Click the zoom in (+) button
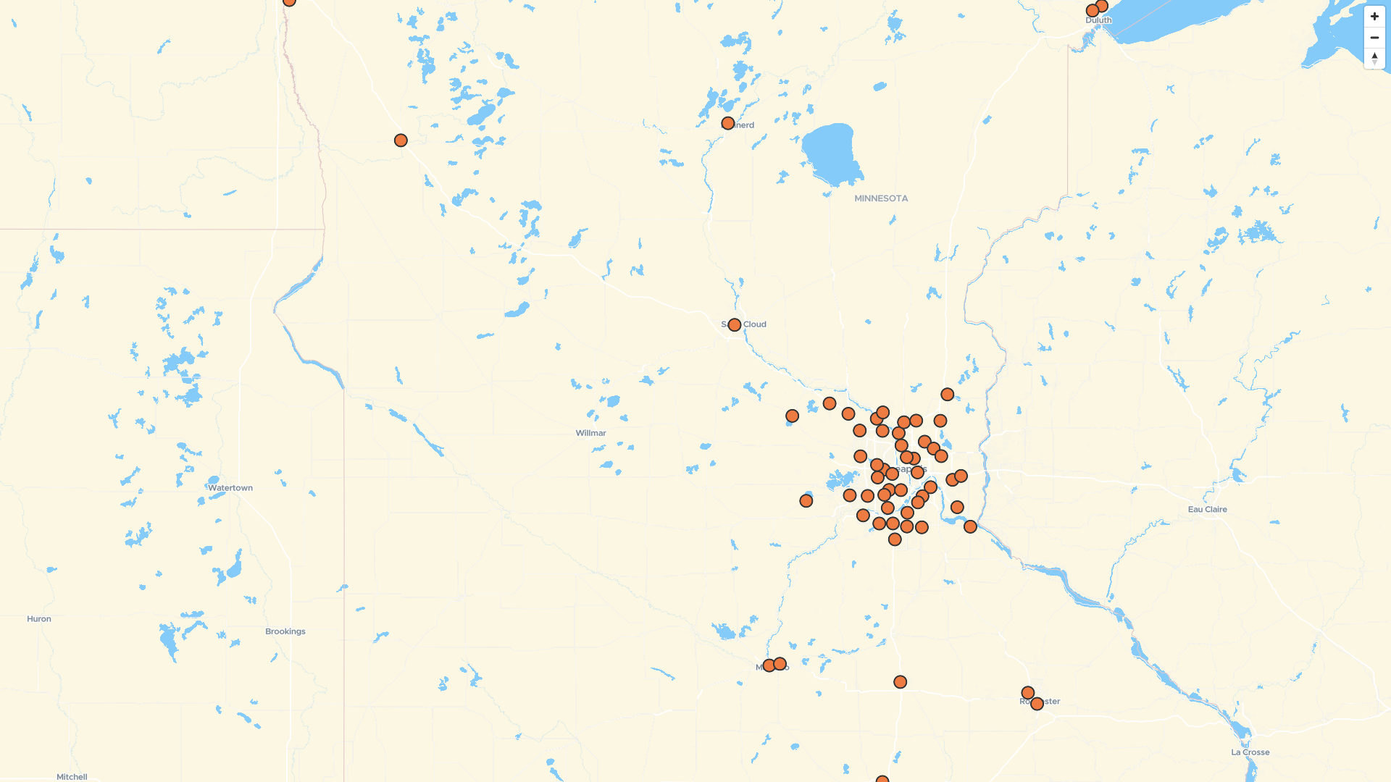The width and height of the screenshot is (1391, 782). point(1374,17)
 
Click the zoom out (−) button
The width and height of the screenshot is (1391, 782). point(1374,38)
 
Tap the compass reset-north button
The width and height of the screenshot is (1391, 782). point(1374,59)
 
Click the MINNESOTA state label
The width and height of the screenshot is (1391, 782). point(881,198)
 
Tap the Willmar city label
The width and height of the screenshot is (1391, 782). point(591,433)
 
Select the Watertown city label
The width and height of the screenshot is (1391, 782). point(230,488)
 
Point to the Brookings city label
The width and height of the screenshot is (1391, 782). point(285,631)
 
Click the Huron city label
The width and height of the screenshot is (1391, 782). point(39,619)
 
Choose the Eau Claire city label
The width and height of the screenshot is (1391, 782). point(1208,510)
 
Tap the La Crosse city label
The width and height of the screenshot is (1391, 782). point(1250,752)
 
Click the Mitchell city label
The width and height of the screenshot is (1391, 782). point(72,777)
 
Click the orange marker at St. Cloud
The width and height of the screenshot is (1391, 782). point(735,325)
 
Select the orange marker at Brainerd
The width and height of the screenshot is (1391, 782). point(728,124)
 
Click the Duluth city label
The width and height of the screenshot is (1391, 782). point(1098,20)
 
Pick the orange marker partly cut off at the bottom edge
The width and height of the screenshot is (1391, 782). point(882,779)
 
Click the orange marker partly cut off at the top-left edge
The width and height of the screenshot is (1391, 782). point(289,2)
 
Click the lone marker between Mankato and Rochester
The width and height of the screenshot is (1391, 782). point(901,682)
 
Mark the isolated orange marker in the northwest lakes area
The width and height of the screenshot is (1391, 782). point(401,140)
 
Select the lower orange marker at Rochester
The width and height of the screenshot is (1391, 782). point(1037,704)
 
